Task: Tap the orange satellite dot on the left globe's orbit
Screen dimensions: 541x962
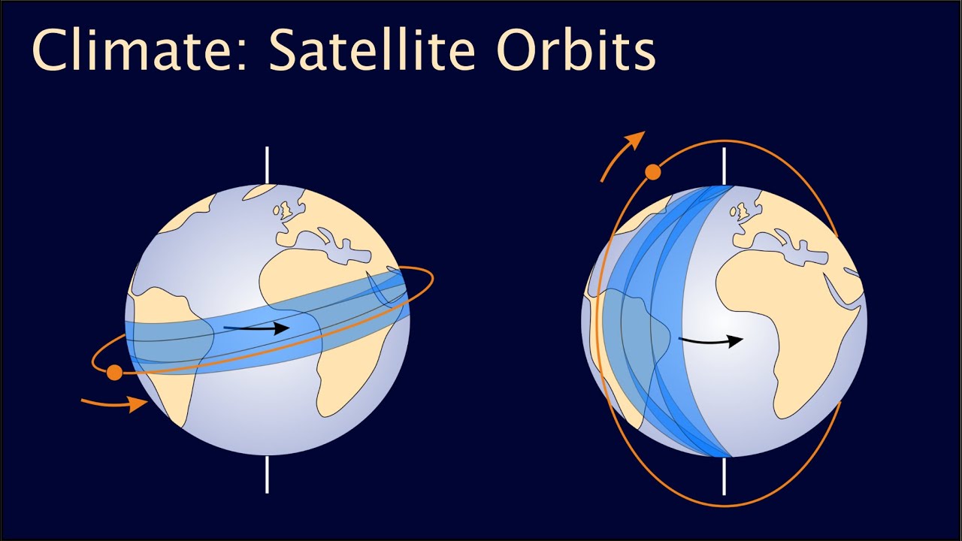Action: [114, 372]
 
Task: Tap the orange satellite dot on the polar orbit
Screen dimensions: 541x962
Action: [652, 172]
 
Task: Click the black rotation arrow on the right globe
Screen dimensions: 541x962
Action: [711, 341]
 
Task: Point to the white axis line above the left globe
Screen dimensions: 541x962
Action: [267, 165]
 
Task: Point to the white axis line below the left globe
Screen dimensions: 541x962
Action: [267, 473]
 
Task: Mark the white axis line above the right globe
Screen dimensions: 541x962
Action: [724, 165]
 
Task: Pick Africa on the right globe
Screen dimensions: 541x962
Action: [782, 316]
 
